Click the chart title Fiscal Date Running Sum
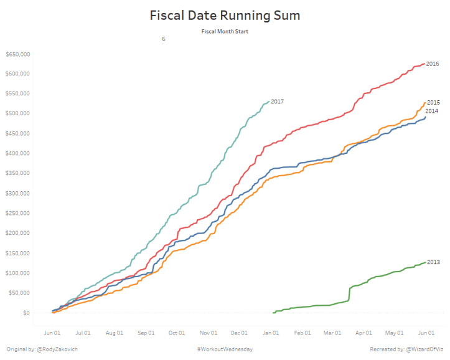pos(225,16)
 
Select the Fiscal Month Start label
pos(225,31)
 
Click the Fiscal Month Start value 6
pos(164,39)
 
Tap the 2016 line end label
pos(433,64)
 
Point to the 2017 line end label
pos(278,101)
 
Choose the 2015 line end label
pos(434,103)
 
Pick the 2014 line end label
pos(432,111)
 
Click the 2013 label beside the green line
pos(433,262)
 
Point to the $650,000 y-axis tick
pos(17,54)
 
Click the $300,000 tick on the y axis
pos(17,193)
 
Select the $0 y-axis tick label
pos(26,313)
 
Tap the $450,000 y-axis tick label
pos(17,133)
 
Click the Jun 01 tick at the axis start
pos(52,333)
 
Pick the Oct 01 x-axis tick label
pos(177,333)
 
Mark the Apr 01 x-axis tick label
pos(364,333)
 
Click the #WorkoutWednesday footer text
pos(224,349)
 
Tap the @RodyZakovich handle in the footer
pos(57,349)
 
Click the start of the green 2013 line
pos(274,312)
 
